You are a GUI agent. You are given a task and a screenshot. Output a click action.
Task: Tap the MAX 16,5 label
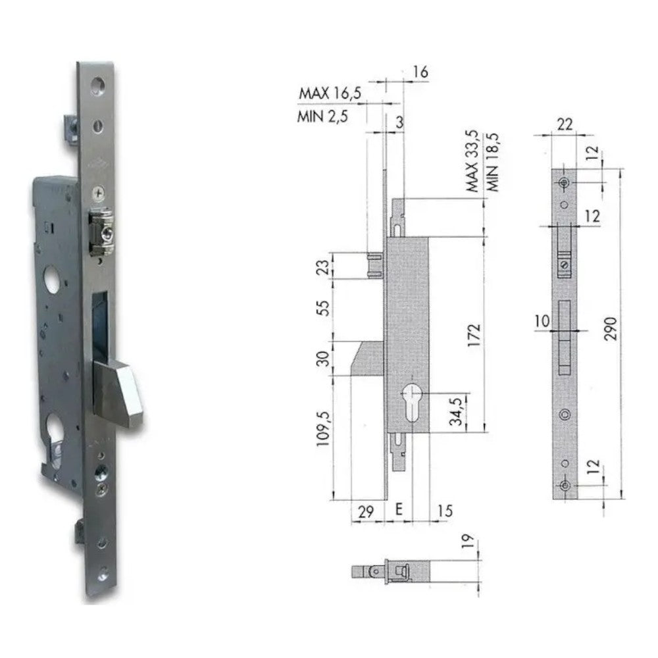[x=330, y=93]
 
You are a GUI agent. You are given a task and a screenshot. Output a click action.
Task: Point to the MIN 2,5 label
[x=322, y=117]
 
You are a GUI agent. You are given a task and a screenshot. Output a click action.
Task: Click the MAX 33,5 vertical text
[x=471, y=161]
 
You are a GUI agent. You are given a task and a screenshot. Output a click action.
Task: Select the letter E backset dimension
[x=399, y=510]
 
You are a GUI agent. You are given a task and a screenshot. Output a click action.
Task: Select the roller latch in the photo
[x=101, y=228]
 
